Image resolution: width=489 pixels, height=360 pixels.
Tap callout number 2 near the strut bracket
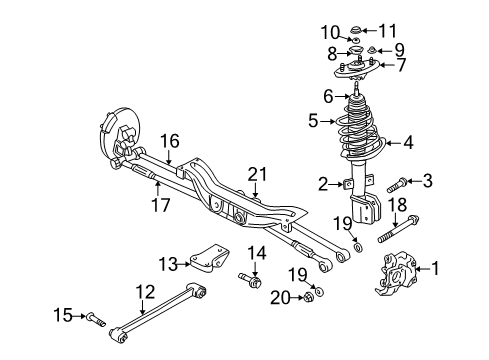(x=323, y=183)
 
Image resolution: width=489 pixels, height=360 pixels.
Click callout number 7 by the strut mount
(x=402, y=66)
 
